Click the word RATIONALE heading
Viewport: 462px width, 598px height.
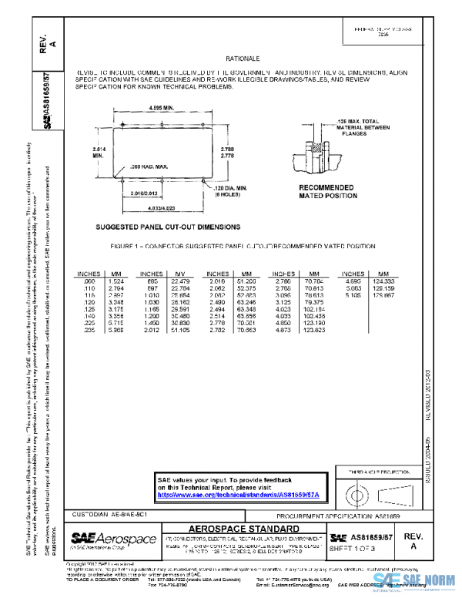(243, 59)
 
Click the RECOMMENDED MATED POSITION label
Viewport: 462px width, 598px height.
(326, 192)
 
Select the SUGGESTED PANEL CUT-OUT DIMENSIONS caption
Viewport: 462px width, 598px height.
(168, 227)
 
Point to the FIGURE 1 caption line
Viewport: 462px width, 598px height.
(243, 247)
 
